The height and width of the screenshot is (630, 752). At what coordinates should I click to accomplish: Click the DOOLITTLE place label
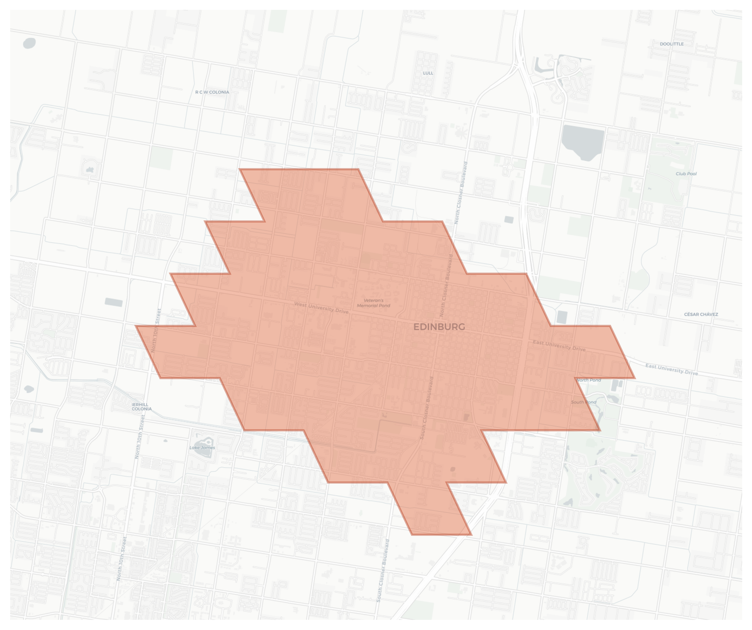point(671,44)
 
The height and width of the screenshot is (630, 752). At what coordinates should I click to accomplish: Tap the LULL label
point(428,73)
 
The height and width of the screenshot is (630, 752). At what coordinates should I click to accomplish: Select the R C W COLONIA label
point(212,92)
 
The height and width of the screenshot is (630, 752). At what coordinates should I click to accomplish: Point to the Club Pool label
point(686,174)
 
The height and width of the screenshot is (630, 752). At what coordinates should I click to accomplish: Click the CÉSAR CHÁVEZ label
point(701,314)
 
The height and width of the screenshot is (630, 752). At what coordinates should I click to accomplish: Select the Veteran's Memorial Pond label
point(373,303)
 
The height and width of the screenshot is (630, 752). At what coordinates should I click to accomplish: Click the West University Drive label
point(321,308)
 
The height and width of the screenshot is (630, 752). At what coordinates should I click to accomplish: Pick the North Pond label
point(589,380)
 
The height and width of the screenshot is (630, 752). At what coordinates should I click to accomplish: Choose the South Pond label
point(583,402)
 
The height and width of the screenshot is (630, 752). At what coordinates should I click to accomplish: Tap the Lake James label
point(202,448)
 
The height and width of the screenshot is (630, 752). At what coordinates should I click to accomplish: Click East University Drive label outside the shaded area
point(671,369)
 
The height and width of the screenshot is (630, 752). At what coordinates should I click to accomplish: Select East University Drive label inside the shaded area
point(559,346)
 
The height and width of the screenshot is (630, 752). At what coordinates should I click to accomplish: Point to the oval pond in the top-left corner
point(29,43)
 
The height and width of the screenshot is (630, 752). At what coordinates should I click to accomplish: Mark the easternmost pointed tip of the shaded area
point(634,378)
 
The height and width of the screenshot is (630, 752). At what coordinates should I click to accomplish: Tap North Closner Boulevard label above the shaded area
point(461,193)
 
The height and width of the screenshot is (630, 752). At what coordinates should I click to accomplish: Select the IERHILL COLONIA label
point(142,407)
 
